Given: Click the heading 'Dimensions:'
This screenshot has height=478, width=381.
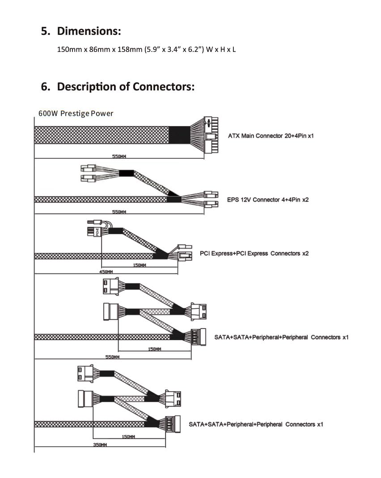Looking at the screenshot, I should coord(89,31).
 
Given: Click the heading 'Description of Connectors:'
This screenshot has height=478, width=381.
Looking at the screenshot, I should coord(126,86).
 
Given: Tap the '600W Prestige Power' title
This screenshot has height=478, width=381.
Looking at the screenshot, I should coord(76,113).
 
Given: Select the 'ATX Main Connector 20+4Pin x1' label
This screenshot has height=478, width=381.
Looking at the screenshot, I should coord(271,136).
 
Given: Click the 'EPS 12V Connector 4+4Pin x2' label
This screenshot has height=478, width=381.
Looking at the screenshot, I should coord(267,200).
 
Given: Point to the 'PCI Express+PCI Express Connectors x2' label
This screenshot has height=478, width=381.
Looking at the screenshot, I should coord(254,253).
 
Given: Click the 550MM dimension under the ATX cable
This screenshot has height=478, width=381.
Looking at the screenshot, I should coord(119,156).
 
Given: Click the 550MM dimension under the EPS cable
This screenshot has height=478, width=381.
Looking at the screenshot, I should coord(119,212).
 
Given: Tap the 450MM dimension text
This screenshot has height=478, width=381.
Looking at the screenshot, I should coord(106,272).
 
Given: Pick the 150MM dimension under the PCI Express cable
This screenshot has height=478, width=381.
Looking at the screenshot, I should coord(140,265).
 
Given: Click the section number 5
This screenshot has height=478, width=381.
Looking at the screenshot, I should coord(45,31).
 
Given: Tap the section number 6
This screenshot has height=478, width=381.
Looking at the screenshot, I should coord(45,86).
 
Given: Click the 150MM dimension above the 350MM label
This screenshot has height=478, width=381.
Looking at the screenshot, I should coord(128,436).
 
